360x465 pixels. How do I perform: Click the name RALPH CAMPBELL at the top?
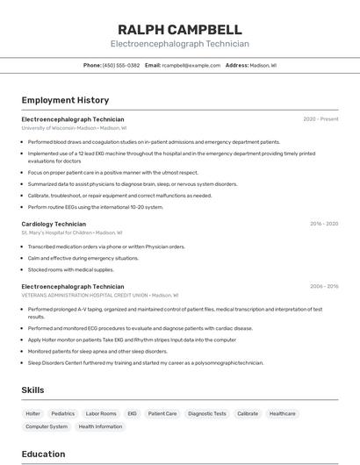179,30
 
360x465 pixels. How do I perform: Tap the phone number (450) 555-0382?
121,65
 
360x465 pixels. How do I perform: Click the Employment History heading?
65,100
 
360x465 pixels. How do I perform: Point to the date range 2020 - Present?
320,118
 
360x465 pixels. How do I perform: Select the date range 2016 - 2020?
324,224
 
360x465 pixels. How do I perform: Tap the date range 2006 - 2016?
324,286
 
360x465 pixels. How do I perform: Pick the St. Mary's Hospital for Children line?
71,233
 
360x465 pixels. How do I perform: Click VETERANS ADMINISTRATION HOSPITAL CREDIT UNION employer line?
99,296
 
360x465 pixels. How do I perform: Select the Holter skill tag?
33,413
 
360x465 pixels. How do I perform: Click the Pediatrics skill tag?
63,413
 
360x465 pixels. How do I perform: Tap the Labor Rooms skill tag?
101,413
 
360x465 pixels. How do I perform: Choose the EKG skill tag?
133,413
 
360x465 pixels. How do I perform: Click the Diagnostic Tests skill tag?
207,413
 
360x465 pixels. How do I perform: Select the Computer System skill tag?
47,426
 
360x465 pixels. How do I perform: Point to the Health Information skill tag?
101,426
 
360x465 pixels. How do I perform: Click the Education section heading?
43,454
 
